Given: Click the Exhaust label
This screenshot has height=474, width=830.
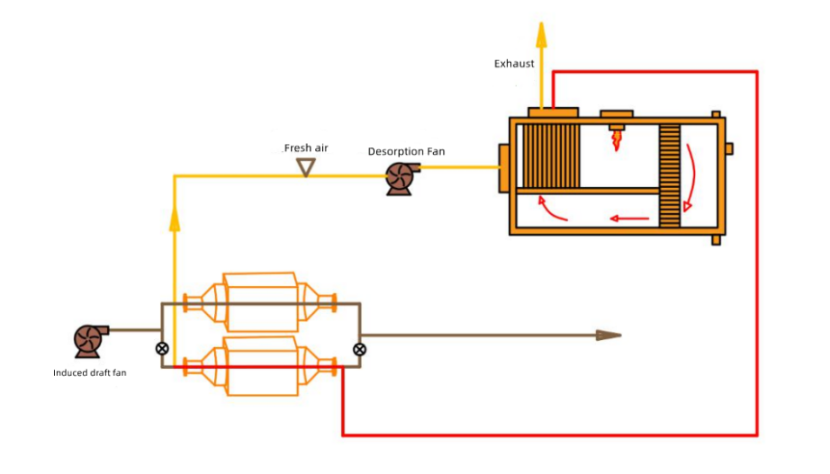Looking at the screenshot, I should pos(514,64).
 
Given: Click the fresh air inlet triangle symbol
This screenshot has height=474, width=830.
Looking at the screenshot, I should pos(306,167).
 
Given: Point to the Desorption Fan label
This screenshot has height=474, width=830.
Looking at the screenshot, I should pos(406,151).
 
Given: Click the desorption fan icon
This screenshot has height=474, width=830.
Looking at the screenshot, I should pos(399,178).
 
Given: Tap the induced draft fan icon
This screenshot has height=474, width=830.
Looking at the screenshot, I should pos(89,340).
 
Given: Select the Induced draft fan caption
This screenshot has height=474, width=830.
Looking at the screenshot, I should pos(90,372).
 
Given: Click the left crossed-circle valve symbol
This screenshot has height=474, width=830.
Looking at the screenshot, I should pos(162,348).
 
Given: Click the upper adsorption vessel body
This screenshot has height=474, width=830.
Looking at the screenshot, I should pos(260,300).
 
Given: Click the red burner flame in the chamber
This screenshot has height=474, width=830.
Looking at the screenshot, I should pos(617,141).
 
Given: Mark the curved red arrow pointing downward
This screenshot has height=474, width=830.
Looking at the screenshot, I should pos(691,175).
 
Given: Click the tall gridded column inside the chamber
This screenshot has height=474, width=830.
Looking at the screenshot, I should pos(669,176).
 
